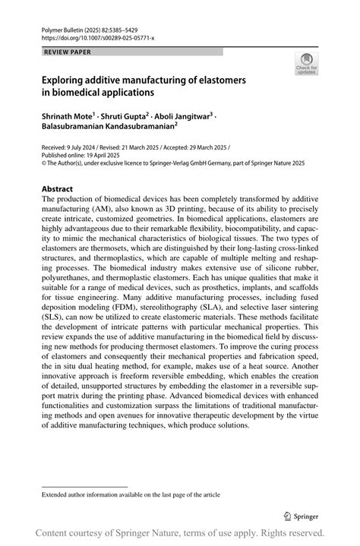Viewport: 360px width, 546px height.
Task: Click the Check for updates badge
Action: tap(307, 64)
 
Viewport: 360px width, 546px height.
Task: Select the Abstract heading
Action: tap(57, 188)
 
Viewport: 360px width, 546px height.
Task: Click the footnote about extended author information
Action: tap(131, 494)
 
